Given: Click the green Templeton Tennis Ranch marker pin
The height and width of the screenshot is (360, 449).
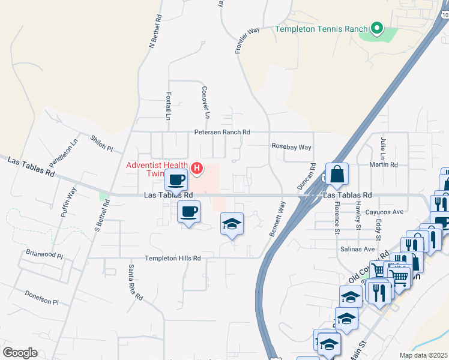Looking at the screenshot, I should point(376,28).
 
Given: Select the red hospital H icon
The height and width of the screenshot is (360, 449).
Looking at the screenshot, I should point(197,168).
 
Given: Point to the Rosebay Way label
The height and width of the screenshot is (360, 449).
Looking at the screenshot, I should point(292,147).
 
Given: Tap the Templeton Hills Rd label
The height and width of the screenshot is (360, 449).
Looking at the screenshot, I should point(172,258).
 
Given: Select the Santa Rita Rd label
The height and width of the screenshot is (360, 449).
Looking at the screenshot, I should point(134,283).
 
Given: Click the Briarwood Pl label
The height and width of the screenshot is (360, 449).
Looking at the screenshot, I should point(44,254).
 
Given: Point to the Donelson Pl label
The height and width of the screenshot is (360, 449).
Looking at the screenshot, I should point(42,298).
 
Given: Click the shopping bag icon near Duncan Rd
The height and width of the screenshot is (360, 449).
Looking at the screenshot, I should point(337,175).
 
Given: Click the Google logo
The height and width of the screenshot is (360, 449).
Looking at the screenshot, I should point(20,352).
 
